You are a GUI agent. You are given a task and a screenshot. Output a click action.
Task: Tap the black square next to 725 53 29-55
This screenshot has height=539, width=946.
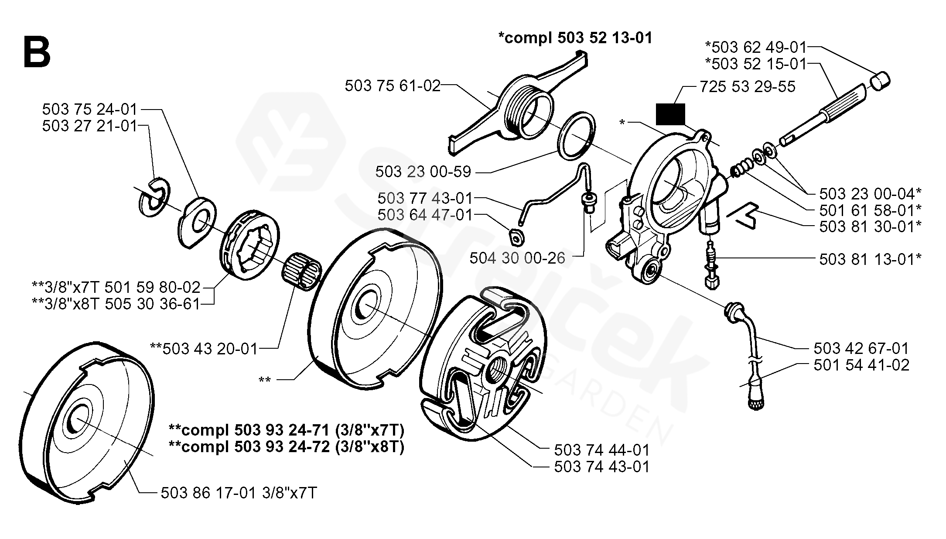click(670, 115)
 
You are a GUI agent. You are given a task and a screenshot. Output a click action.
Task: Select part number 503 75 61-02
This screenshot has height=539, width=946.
click(393, 86)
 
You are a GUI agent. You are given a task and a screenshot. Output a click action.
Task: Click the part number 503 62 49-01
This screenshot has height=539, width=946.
click(756, 47)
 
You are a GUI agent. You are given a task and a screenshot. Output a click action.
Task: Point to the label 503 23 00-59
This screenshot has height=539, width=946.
click(423, 172)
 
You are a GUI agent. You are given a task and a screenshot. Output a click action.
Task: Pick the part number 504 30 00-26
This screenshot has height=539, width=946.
click(517, 258)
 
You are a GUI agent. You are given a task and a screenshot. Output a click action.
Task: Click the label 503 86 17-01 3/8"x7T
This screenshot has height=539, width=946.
click(239, 493)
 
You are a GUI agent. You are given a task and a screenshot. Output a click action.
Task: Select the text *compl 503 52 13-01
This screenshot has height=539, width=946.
click(575, 38)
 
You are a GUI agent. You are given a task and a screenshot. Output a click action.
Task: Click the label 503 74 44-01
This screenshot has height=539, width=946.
click(602, 450)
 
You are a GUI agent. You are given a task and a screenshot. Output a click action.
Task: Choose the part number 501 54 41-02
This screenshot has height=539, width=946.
click(861, 364)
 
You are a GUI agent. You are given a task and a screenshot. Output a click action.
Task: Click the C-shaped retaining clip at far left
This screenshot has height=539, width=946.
click(154, 197)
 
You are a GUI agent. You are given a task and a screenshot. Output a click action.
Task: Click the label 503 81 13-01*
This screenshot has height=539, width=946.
click(870, 259)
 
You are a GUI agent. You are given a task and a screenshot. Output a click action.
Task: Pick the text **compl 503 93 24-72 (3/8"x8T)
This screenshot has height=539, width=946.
click(287, 447)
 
